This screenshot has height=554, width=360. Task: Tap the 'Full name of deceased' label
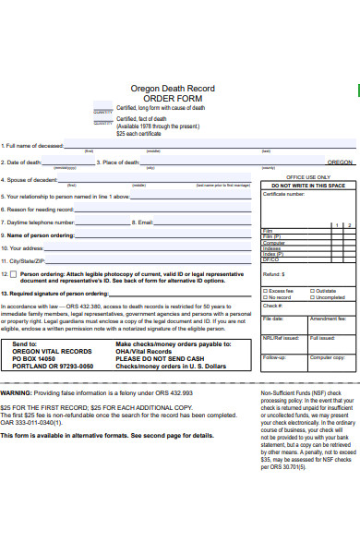(x=33, y=145)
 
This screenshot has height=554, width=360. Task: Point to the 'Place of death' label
(x=120, y=162)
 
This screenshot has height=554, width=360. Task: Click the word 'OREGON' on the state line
(x=340, y=162)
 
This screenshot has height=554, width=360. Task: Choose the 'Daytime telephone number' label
(x=41, y=223)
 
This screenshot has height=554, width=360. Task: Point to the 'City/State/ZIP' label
(x=27, y=261)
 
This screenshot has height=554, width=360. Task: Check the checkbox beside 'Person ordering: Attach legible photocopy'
(x=14, y=274)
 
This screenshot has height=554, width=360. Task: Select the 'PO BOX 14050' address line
(x=36, y=358)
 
